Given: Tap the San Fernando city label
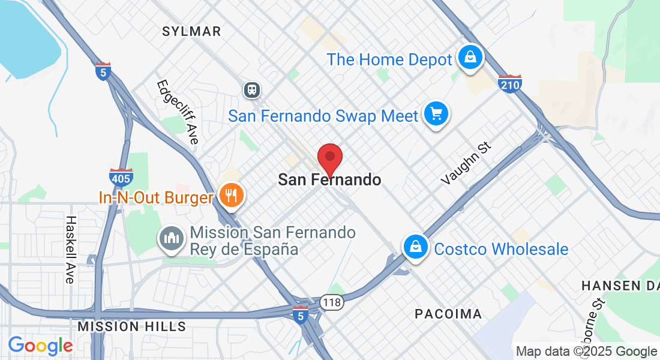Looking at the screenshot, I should click(329, 179).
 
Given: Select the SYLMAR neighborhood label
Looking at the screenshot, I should click(191, 31).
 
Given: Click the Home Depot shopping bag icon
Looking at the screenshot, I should click(471, 58).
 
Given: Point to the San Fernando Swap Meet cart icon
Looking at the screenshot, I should click(436, 113).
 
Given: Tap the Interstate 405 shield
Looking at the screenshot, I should click(121, 178).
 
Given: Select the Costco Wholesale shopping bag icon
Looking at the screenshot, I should click(415, 246).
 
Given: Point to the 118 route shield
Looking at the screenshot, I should click(331, 302).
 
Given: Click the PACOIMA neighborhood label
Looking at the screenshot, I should click(448, 314).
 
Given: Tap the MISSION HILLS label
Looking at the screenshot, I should click(132, 326).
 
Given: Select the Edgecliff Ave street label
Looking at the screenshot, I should click(177, 112).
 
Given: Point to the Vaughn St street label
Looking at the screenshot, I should click(466, 163).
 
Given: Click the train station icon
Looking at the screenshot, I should click(251, 90).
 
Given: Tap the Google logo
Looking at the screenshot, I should click(40, 346).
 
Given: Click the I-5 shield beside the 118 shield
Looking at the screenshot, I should click(301, 314).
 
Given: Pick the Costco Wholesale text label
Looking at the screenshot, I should click(501, 249).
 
